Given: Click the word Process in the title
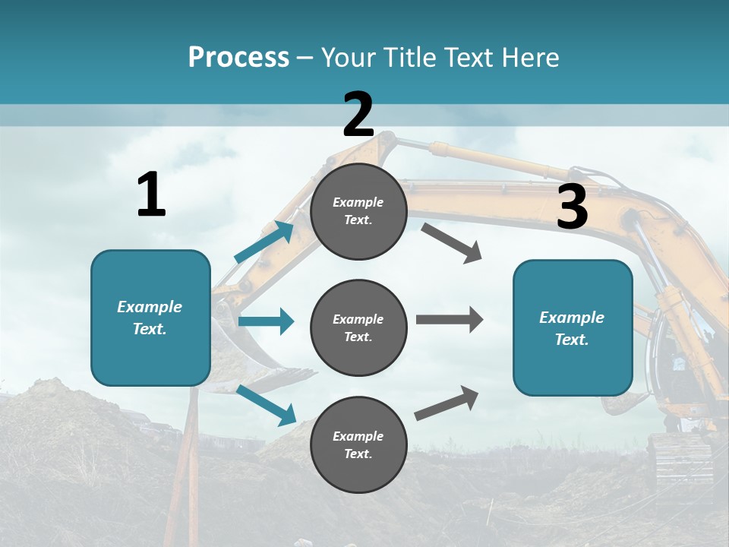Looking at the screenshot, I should click(238, 57).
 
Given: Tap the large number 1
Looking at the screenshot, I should click(151, 194).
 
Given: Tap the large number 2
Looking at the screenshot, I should click(358, 115).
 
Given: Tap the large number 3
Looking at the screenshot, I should click(572, 207).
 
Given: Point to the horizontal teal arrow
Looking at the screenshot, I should click(266, 321).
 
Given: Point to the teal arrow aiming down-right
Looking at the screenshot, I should click(267, 405).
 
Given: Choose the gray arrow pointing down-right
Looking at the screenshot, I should click(452, 243).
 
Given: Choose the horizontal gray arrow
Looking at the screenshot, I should click(450, 320).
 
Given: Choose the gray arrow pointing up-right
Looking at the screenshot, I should click(447, 403).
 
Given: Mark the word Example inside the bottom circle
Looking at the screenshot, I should click(358, 436).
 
